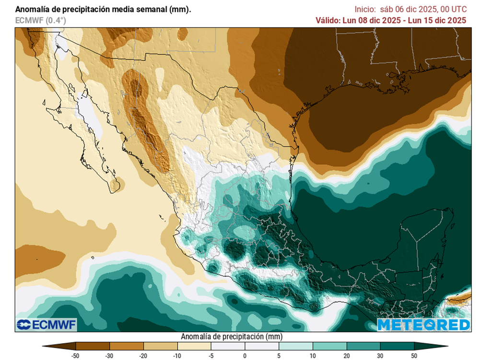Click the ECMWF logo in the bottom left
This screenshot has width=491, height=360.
[x=47, y=325]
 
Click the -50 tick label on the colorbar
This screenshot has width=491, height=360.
[x=75, y=355]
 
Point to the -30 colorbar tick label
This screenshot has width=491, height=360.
[x=109, y=355]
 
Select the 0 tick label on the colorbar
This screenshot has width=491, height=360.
[x=245, y=355]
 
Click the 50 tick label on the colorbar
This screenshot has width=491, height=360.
[x=414, y=355]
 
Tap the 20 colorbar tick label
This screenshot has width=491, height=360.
[x=347, y=355]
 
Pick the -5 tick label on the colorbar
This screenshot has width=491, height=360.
[x=211, y=355]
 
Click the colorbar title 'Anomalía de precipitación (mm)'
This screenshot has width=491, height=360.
[x=231, y=337]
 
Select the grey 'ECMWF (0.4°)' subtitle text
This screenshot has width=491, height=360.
[x=41, y=20]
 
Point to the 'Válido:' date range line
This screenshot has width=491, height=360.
[x=391, y=20]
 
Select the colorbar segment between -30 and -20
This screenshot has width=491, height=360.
[x=127, y=346]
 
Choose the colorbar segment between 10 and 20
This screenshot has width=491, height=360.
[x=330, y=346]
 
